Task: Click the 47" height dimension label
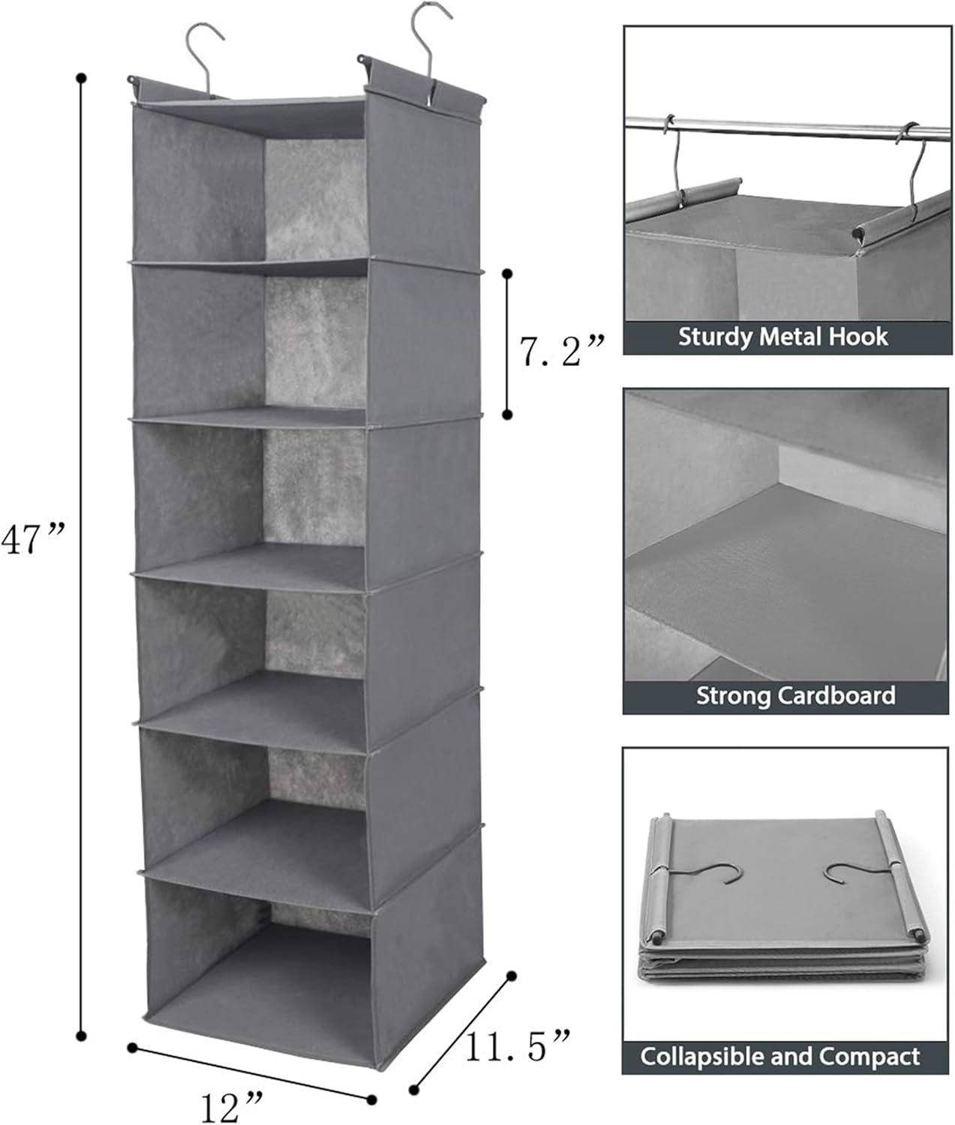34,538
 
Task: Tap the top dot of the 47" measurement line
81,77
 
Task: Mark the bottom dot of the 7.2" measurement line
508,414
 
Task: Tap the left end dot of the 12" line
132,1047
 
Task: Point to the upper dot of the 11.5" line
512,976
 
